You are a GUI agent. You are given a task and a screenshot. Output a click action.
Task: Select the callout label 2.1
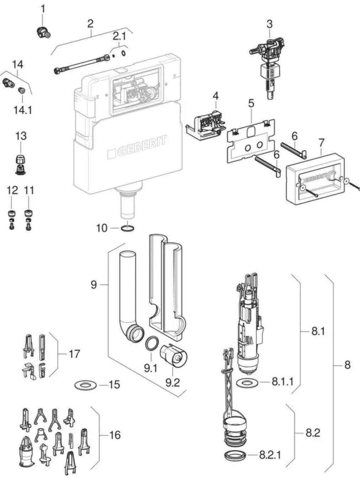coord(119,36)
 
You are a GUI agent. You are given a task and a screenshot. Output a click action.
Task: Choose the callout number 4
coord(215,96)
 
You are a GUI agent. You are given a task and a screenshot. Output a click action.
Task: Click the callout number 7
coord(321,143)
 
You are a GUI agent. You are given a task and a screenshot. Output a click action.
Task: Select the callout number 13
coord(21,136)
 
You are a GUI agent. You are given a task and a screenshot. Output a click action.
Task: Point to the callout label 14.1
coord(23,110)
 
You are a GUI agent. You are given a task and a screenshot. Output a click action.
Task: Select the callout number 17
coord(74,354)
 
